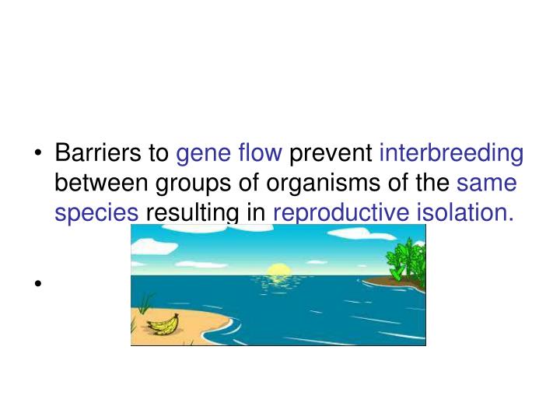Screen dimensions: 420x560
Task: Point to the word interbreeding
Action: coord(451,154)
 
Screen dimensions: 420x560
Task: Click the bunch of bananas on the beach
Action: coord(164,324)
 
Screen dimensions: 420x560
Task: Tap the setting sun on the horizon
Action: coord(277,271)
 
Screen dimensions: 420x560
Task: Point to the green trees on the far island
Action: coord(405,258)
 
